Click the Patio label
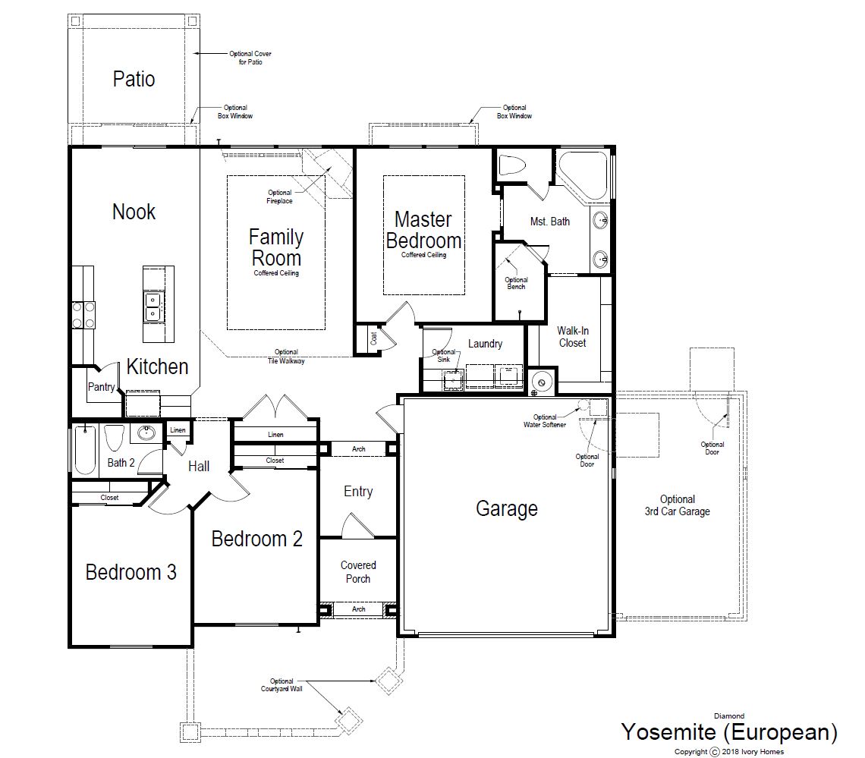[134, 79]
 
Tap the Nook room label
[134, 212]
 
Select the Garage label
[506, 508]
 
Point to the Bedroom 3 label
[131, 572]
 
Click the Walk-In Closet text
[573, 337]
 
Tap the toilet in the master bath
[512, 165]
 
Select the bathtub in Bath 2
[85, 449]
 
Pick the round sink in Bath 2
[146, 433]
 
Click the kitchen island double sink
[153, 307]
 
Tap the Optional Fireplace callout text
[280, 197]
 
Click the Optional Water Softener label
[545, 421]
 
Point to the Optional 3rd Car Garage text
[678, 505]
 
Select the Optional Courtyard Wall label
[282, 684]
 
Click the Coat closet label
[373, 338]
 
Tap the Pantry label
[102, 387]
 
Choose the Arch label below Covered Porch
[359, 609]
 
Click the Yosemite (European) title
[729, 732]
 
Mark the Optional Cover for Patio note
[250, 58]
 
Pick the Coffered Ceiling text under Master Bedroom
[423, 255]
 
